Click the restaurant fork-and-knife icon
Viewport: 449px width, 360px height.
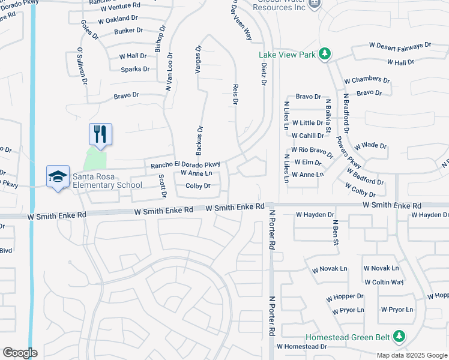pos(100,134)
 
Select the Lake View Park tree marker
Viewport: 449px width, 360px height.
pos(325,55)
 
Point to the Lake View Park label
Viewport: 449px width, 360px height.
pos(287,55)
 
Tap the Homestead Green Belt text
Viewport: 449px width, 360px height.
pos(347,338)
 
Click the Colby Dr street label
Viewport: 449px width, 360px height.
pos(198,186)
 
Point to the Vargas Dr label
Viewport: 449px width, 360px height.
pos(197,59)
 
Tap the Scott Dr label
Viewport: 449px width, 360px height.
pos(162,186)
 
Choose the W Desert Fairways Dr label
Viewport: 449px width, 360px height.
pos(400,45)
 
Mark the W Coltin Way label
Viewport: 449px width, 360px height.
pos(384,282)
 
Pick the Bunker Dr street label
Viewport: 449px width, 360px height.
pos(128,29)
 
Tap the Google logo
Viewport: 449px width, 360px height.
pos(20,353)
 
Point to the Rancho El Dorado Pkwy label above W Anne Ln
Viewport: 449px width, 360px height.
pos(185,164)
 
